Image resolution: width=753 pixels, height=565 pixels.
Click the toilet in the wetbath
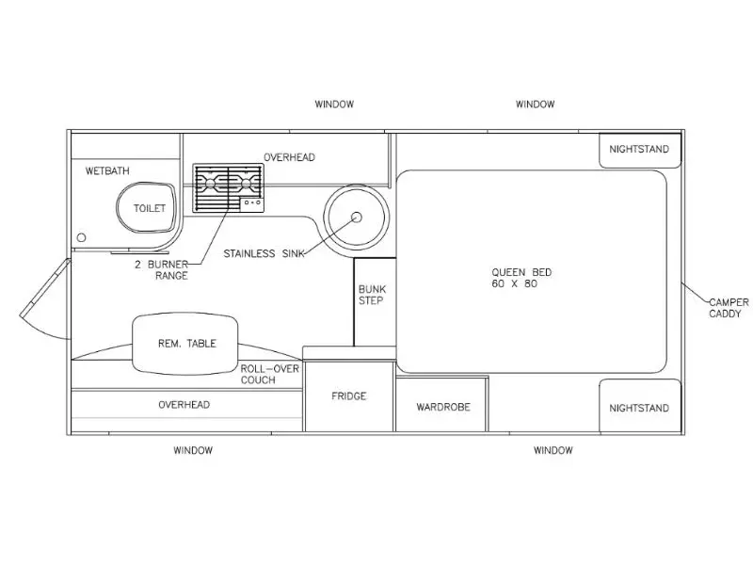click(147, 207)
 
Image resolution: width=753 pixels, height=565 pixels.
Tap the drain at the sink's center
click(357, 218)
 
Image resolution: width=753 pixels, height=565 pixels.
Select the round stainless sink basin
click(357, 217)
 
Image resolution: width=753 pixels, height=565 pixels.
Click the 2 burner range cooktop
click(228, 187)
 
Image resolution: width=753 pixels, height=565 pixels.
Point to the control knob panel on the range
click(251, 203)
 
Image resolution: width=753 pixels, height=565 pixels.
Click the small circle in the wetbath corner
click(82, 237)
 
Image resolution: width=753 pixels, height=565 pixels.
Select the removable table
click(185, 344)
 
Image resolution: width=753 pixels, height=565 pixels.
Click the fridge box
click(349, 395)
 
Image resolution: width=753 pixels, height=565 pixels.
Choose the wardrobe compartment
click(442, 405)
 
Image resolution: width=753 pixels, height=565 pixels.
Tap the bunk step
click(375, 301)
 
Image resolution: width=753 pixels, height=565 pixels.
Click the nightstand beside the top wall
click(640, 150)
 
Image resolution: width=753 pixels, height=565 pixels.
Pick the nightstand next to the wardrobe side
click(640, 406)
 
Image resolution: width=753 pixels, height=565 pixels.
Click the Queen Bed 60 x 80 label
click(521, 278)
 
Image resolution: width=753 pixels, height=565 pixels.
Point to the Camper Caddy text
click(729, 308)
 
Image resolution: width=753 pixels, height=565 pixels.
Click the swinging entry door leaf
click(45, 288)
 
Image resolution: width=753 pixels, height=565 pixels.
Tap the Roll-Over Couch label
click(270, 374)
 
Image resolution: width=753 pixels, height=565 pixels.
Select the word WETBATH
click(107, 170)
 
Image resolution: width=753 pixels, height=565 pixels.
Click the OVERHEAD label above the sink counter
click(289, 157)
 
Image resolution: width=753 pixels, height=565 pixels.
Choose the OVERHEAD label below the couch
click(184, 405)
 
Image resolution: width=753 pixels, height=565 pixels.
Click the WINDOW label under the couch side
click(193, 450)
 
